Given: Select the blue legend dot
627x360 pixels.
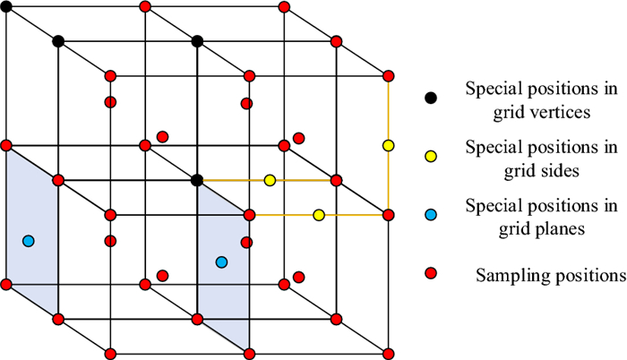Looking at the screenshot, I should pos(431,215).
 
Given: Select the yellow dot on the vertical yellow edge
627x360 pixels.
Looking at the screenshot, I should pos(389,145).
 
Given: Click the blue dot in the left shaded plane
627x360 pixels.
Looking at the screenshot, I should pos(28,241).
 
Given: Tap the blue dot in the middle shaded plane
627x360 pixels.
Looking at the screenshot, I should pos(221,261).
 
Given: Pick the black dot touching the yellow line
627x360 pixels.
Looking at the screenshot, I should pos(197,180).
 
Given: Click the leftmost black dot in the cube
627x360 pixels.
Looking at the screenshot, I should pos(58,41).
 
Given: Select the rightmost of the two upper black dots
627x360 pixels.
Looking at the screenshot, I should pos(197,41).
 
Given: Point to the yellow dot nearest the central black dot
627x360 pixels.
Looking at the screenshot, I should pos(270,180).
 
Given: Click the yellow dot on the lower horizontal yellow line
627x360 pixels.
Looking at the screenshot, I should pos(319,215).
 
